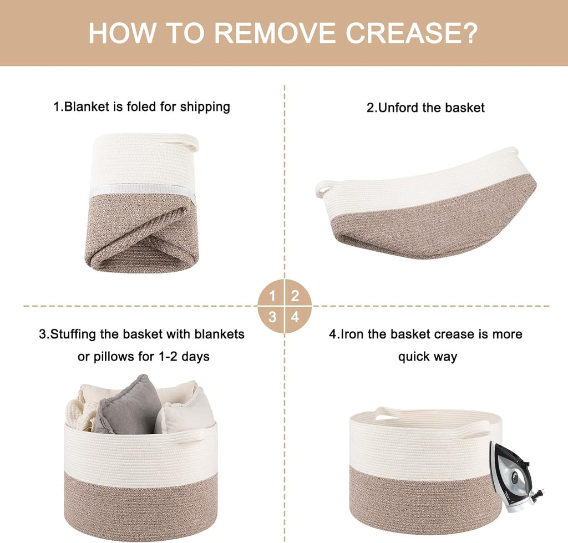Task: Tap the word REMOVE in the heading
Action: click(x=275, y=33)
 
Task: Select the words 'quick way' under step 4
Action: click(x=428, y=357)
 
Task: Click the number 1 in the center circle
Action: click(x=272, y=296)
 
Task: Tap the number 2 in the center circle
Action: click(x=295, y=296)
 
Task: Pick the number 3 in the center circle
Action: click(x=272, y=317)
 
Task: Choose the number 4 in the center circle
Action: click(x=295, y=317)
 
